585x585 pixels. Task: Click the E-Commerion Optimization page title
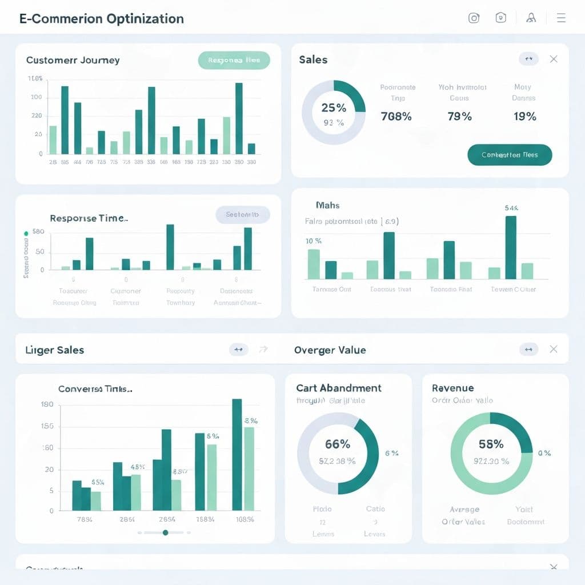click(102, 18)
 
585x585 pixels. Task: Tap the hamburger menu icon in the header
click(561, 18)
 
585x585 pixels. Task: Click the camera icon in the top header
click(474, 18)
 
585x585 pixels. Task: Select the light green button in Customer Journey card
click(234, 60)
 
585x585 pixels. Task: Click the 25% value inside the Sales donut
click(334, 107)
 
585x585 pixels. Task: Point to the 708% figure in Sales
click(396, 117)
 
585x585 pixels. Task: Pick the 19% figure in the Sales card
click(524, 117)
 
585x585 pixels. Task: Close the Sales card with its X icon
click(553, 59)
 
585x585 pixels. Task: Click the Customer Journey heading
click(73, 60)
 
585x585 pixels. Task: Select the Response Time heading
click(89, 218)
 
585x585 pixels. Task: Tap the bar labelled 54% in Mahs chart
click(511, 247)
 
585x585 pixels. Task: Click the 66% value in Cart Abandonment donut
click(337, 444)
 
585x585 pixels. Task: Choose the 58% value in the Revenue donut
click(491, 444)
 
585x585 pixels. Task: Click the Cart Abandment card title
click(339, 388)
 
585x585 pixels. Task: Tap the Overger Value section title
click(330, 350)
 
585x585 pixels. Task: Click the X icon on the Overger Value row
click(553, 349)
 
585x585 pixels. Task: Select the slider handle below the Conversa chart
click(165, 532)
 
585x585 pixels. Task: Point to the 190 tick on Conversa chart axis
click(47, 404)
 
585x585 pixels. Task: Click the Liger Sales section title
click(55, 350)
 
